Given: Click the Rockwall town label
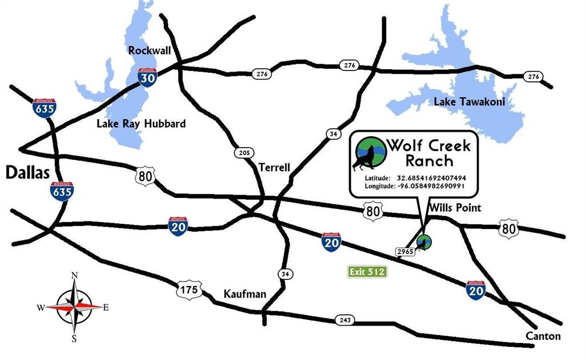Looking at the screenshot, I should (149, 51).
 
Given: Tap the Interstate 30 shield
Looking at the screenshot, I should (147, 77).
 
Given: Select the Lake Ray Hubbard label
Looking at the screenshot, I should (141, 124).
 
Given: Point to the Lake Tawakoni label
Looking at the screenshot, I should (470, 102).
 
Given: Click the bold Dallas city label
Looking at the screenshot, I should (27, 173).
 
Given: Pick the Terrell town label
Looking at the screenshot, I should (274, 168).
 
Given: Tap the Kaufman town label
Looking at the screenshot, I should (244, 294).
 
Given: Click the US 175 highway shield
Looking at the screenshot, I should (189, 290).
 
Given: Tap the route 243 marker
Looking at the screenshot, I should (345, 320).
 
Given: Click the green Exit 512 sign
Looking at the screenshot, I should (368, 272).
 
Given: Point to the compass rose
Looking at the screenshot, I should (74, 307).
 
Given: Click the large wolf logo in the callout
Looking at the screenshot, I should (367, 154).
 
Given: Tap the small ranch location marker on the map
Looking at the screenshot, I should (423, 243).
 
